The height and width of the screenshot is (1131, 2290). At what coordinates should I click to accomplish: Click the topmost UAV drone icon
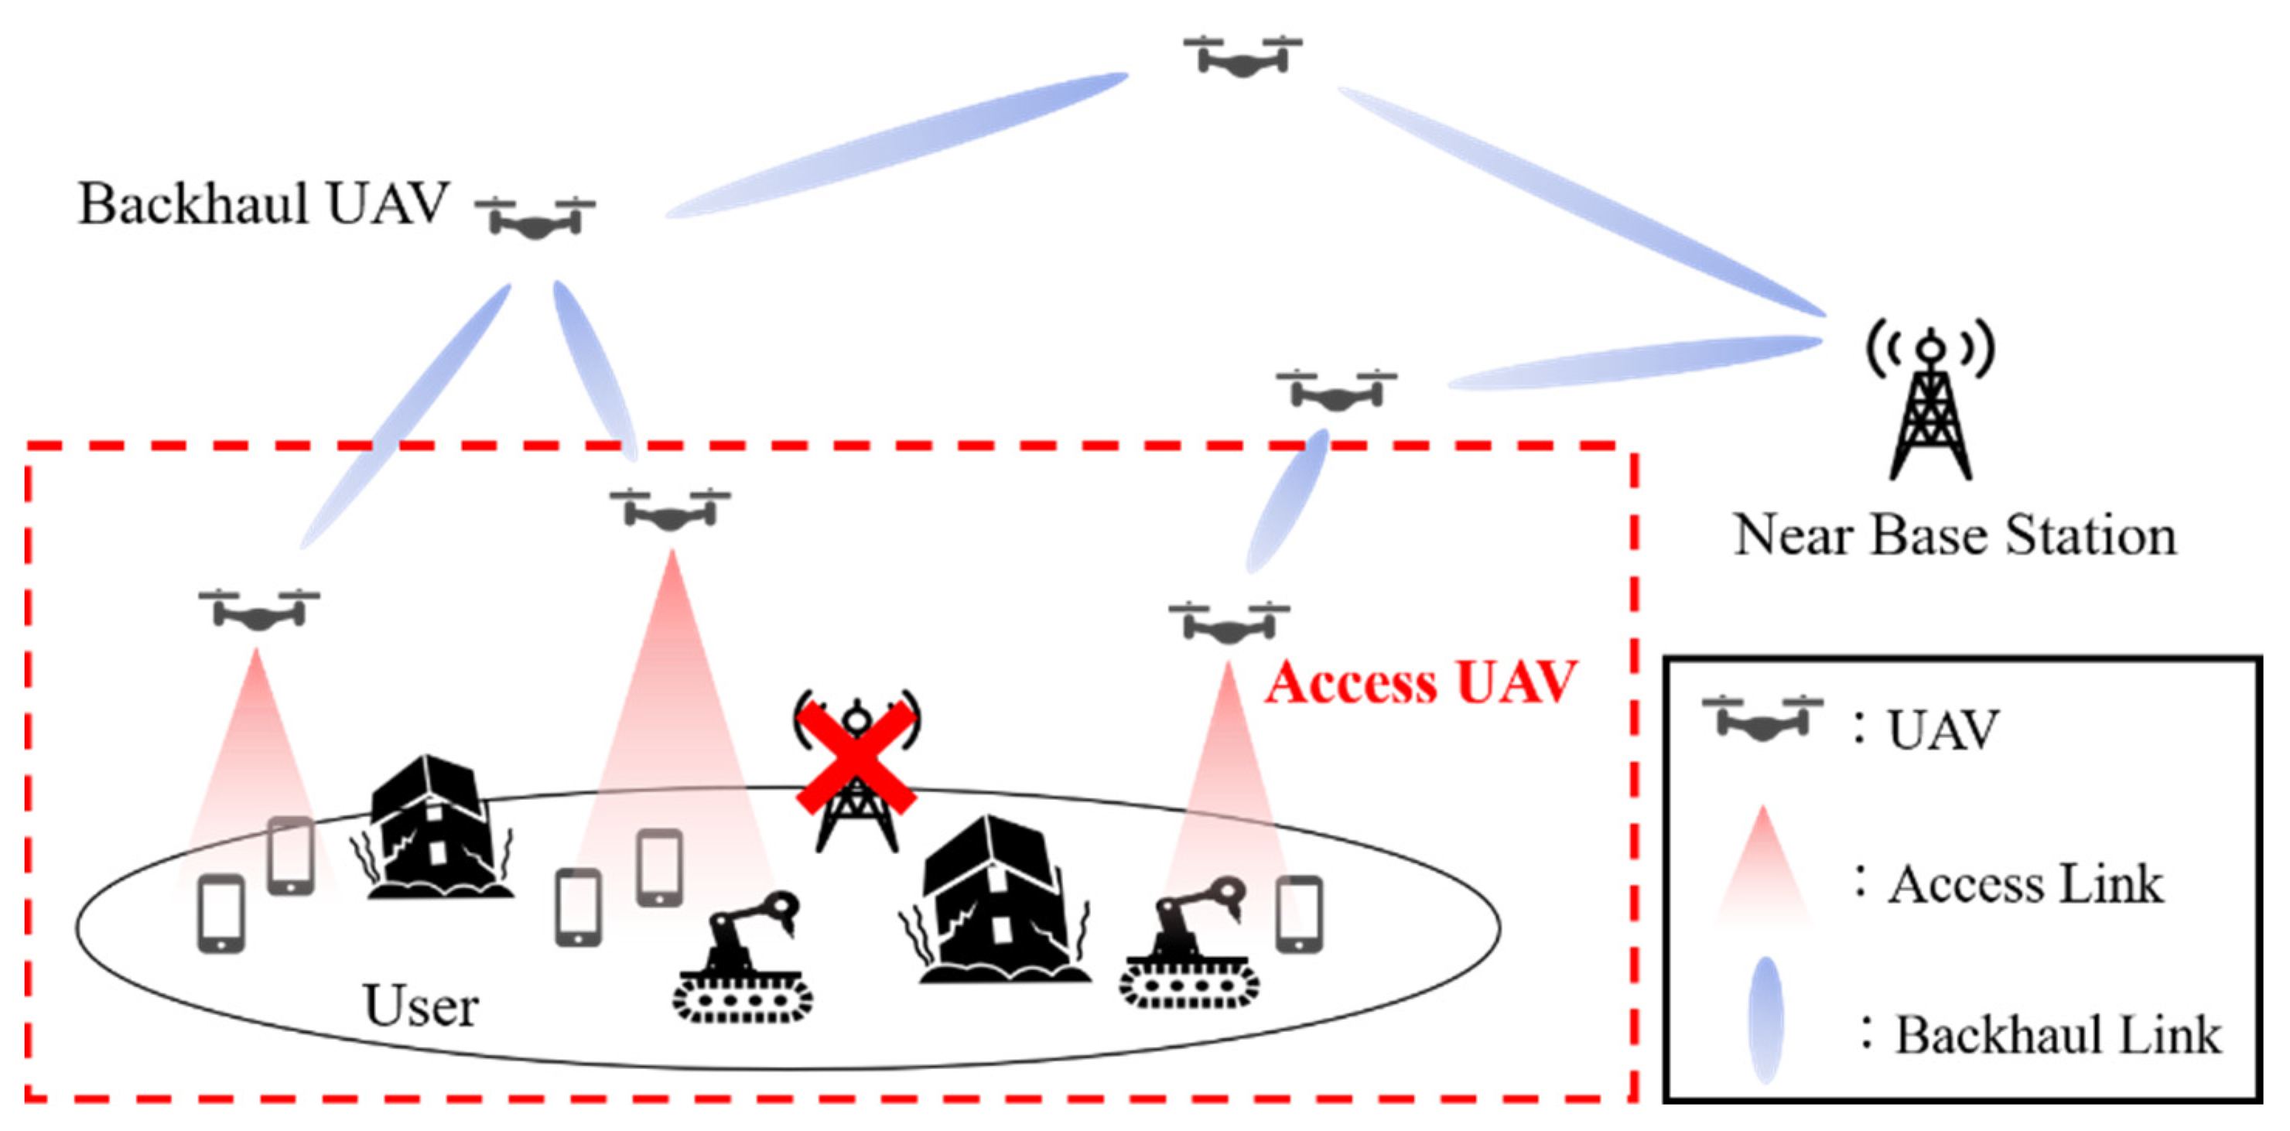(1242, 57)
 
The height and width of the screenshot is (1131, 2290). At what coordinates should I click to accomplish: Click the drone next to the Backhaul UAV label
(535, 219)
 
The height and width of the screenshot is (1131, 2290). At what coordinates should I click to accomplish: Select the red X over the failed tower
(855, 757)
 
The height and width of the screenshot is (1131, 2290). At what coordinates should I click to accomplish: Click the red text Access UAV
(1420, 683)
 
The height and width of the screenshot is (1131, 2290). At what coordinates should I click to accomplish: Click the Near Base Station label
(1955, 535)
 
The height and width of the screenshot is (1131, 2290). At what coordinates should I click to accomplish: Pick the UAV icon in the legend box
(1762, 719)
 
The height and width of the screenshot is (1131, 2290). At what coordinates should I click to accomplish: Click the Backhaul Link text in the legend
(2057, 1035)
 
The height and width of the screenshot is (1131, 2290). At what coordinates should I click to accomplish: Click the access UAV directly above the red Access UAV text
(1229, 623)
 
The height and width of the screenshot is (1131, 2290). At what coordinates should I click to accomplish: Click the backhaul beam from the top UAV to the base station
(1582, 200)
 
